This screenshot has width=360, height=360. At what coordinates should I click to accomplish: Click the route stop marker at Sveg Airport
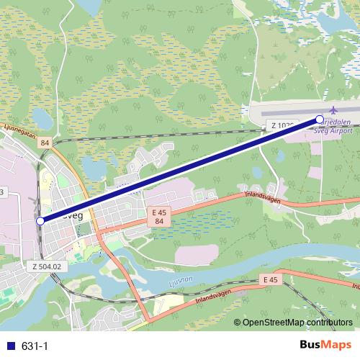coord(320,119)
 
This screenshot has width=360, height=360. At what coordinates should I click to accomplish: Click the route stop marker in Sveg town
coord(40,221)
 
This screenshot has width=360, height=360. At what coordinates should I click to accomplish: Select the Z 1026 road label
coord(283,126)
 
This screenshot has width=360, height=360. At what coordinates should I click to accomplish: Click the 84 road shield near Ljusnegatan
coord(45,143)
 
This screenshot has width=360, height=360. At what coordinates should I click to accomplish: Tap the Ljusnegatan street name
coord(19,131)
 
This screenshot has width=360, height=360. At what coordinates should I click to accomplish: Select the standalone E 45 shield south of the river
coord(270,279)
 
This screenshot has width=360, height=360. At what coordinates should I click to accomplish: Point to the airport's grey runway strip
coord(302,112)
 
